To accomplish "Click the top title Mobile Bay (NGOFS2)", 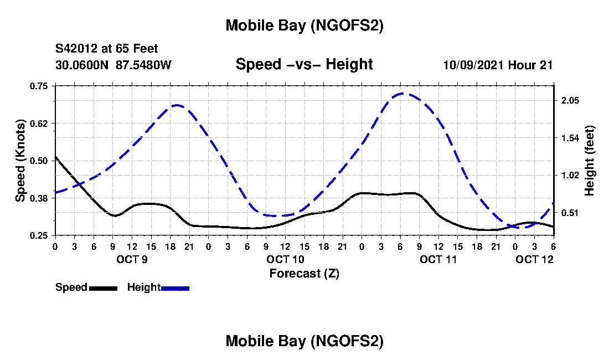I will (304, 26).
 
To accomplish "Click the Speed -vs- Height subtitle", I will (304, 64).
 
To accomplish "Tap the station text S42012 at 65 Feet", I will (106, 49).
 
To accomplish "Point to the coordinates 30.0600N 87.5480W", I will (113, 65).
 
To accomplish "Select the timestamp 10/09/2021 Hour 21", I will (498, 65).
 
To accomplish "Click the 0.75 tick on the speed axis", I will (40, 86).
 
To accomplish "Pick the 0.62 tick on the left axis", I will (40, 123).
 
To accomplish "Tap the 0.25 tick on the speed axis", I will (40, 235).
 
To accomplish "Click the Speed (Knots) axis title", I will (20, 160).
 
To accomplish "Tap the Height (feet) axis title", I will (589, 161).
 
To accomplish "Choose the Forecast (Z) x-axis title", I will (304, 273).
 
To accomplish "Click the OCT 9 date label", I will (132, 259).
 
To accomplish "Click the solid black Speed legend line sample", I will (103, 288).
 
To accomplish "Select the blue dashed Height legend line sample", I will (175, 288).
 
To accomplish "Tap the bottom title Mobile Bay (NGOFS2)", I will (304, 341).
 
